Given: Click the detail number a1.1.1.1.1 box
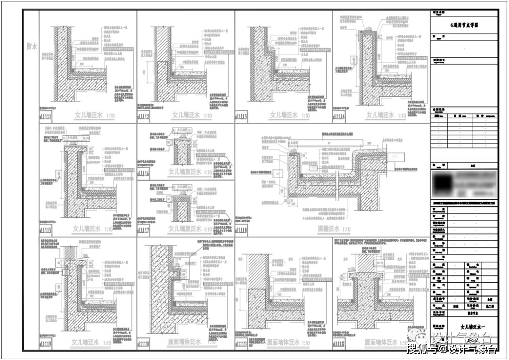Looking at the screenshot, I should pos(47,115).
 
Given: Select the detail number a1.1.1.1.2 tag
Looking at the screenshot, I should pos(145,115).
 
